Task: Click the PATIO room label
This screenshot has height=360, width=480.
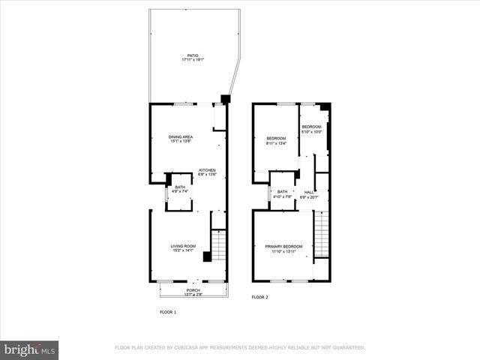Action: click(193, 55)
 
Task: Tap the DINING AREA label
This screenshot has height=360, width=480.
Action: click(181, 136)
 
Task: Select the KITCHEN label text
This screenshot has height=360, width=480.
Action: click(207, 170)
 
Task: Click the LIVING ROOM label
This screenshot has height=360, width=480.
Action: click(183, 246)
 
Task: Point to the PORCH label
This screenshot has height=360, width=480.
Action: click(193, 290)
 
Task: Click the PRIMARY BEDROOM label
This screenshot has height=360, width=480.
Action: click(283, 247)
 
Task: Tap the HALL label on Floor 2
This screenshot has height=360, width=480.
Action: click(309, 192)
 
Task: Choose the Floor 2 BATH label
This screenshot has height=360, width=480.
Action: click(282, 192)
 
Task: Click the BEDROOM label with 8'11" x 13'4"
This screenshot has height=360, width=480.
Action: click(277, 138)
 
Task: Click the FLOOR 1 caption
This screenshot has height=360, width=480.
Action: click(167, 311)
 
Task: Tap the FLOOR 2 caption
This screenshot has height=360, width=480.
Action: click(259, 298)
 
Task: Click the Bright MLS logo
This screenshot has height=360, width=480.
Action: click(29, 349)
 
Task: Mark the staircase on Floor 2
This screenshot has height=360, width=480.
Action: click(321, 234)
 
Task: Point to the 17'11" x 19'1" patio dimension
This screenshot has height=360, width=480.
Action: click(193, 59)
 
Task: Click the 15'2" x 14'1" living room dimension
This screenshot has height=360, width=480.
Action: click(183, 250)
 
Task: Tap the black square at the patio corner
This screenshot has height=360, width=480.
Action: click(226, 98)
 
